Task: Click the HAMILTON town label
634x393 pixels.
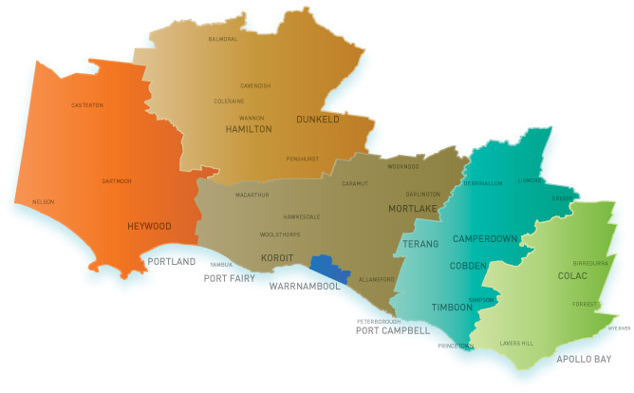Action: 249,128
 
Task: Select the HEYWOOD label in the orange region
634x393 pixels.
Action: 149,227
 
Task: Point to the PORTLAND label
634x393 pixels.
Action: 171,261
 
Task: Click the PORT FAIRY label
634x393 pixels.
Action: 230,278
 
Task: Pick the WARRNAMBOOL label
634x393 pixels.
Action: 310,285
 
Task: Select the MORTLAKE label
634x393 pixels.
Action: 413,207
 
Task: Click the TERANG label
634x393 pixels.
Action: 421,244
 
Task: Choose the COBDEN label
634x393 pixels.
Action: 468,267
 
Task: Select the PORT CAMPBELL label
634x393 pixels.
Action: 392,331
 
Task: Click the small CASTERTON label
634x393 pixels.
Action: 87,104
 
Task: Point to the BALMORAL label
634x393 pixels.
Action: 223,40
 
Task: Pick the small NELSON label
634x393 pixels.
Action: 44,201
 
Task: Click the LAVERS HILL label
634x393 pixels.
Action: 517,342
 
